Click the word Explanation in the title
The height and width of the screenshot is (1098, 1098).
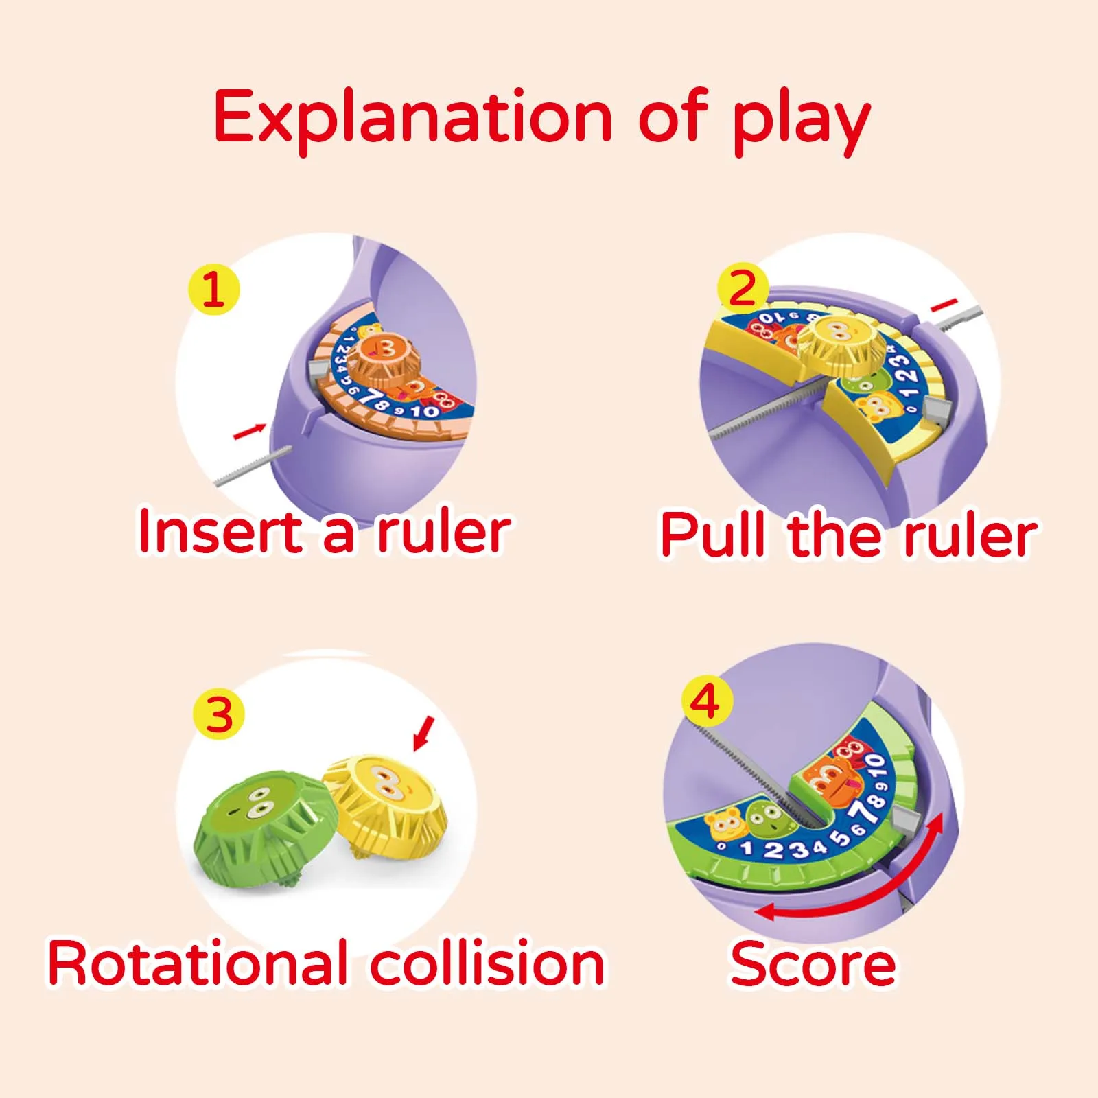click(412, 117)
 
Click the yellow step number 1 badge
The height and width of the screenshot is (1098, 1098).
click(213, 289)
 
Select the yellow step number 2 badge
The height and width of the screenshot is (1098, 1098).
click(742, 288)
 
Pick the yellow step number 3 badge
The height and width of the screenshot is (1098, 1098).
click(219, 714)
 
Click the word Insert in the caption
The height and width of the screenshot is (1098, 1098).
click(220, 532)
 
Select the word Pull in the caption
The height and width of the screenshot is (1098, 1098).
click(714, 535)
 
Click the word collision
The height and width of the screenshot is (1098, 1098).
click(488, 964)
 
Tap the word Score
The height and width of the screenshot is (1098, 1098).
click(813, 964)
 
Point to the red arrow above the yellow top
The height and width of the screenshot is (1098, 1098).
click(423, 733)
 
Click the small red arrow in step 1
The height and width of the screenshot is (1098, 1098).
click(249, 431)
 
